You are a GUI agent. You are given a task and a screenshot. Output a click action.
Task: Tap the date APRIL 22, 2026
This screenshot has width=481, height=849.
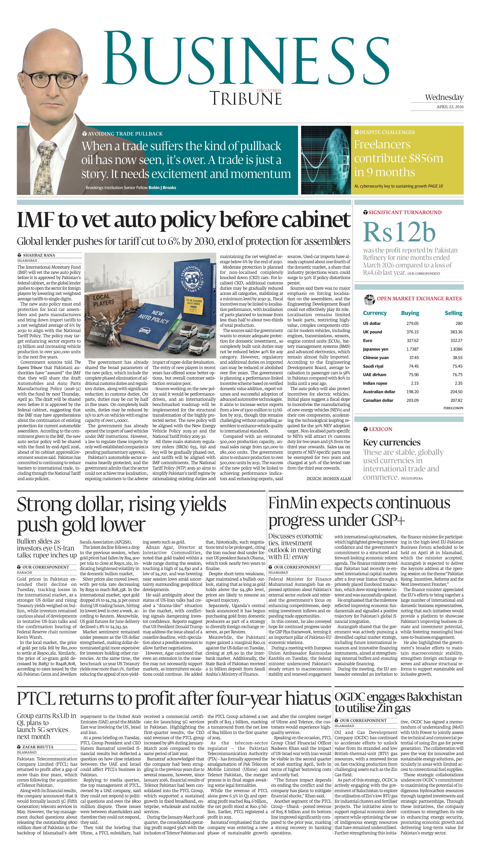point(450,107)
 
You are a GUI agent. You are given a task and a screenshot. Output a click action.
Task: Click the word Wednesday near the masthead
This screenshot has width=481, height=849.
point(444,97)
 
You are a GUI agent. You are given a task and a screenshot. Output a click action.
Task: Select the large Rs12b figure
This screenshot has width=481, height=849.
point(399,232)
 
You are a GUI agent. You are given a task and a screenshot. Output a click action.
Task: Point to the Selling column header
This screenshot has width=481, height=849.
point(453,313)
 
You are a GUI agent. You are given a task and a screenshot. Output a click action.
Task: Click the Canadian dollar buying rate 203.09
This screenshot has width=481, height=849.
point(412,400)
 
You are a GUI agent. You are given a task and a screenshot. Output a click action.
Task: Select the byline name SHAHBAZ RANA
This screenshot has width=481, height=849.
point(39,255)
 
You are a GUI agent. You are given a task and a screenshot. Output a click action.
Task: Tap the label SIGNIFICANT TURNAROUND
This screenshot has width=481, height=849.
point(405,212)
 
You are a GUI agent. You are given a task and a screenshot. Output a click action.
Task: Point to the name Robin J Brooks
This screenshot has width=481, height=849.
point(162,188)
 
